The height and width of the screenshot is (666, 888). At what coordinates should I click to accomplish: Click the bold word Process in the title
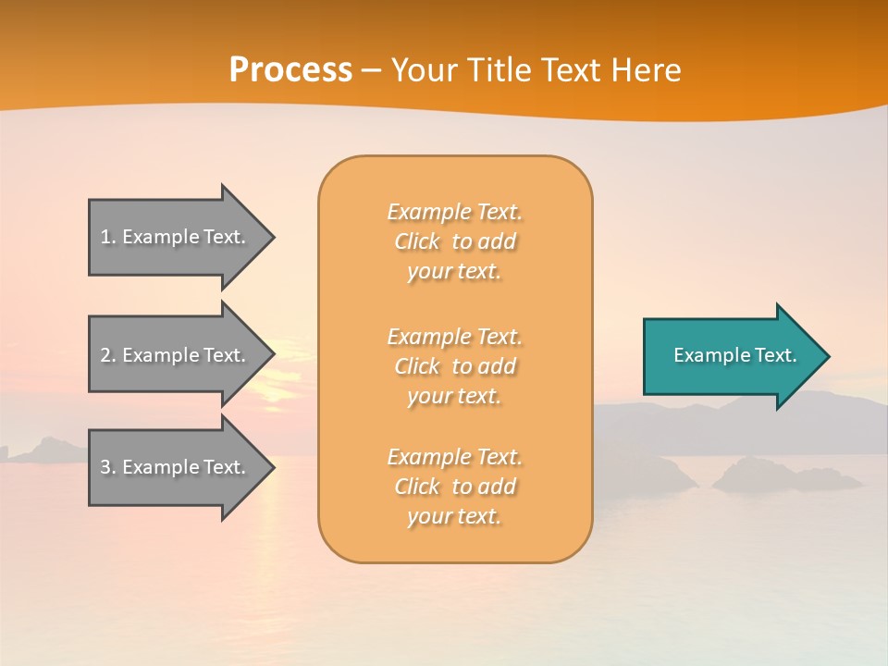tap(290, 70)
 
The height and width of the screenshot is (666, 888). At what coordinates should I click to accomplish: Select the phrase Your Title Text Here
tap(536, 70)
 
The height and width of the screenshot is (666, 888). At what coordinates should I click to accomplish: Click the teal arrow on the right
tap(731, 356)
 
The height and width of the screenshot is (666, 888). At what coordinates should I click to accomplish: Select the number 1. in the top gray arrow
tap(107, 237)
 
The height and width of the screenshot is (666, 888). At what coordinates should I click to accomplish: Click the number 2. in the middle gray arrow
tap(107, 355)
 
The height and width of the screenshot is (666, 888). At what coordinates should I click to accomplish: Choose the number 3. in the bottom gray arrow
tap(107, 467)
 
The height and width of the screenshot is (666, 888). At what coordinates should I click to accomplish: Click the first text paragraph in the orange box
tap(454, 241)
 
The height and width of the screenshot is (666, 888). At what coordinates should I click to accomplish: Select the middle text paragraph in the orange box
tap(454, 366)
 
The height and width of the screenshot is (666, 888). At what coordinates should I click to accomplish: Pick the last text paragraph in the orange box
tap(454, 487)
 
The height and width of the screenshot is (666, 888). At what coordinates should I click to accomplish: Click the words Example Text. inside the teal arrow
tap(734, 355)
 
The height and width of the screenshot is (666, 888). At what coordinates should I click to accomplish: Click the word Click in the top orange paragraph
tap(417, 241)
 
